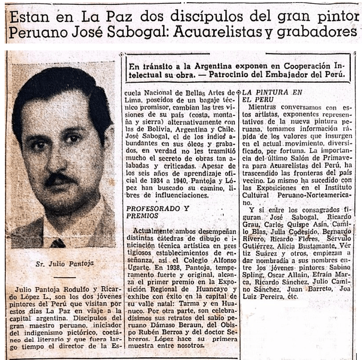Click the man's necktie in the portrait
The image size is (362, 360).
(x=58, y=243)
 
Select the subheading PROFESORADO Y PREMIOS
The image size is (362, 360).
(x=158, y=212)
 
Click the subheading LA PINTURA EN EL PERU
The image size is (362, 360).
(x=264, y=96)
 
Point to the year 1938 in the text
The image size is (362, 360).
(x=151, y=269)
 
